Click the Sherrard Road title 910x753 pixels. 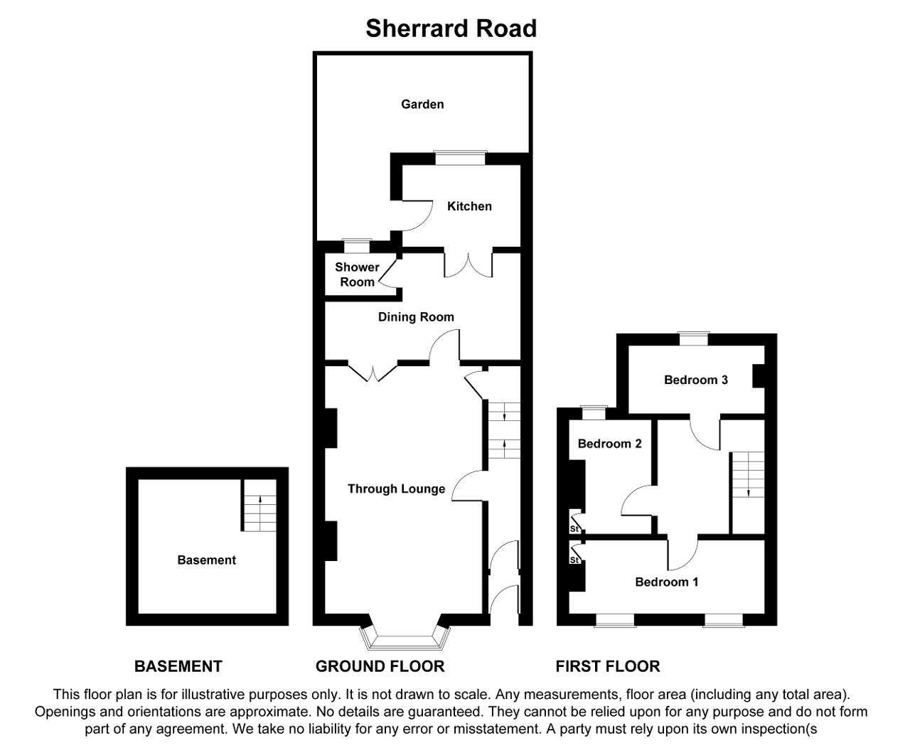[451, 28]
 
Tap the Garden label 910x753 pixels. [422, 105]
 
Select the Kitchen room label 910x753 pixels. [469, 206]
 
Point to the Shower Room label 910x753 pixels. [357, 274]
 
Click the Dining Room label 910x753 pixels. [416, 317]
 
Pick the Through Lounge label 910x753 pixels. [396, 488]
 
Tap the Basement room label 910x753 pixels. [207, 560]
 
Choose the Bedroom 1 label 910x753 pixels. [666, 582]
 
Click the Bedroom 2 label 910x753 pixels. [609, 444]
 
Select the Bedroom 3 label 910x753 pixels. [695, 380]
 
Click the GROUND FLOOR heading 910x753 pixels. [380, 666]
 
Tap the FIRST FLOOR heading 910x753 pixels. [608, 666]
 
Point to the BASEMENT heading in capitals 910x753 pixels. [178, 666]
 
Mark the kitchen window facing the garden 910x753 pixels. [460, 158]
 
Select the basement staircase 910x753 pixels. [259, 506]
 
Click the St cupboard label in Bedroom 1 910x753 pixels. [574, 560]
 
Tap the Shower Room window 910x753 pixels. [357, 246]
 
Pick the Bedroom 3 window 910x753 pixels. [694, 338]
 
